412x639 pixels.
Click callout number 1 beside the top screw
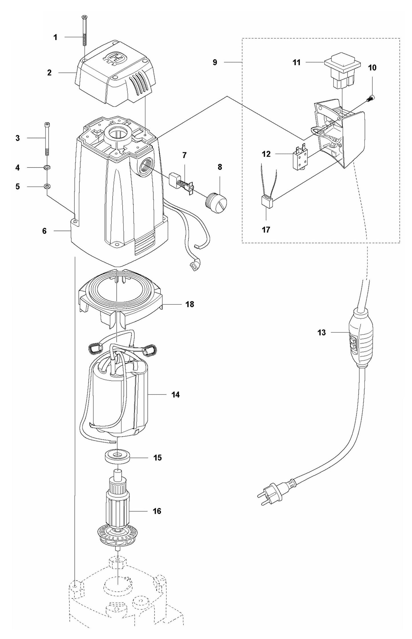56,37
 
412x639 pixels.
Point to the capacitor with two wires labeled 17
267,202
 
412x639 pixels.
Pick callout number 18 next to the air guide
190,304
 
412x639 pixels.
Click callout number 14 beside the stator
175,395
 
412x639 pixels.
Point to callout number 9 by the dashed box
215,62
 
